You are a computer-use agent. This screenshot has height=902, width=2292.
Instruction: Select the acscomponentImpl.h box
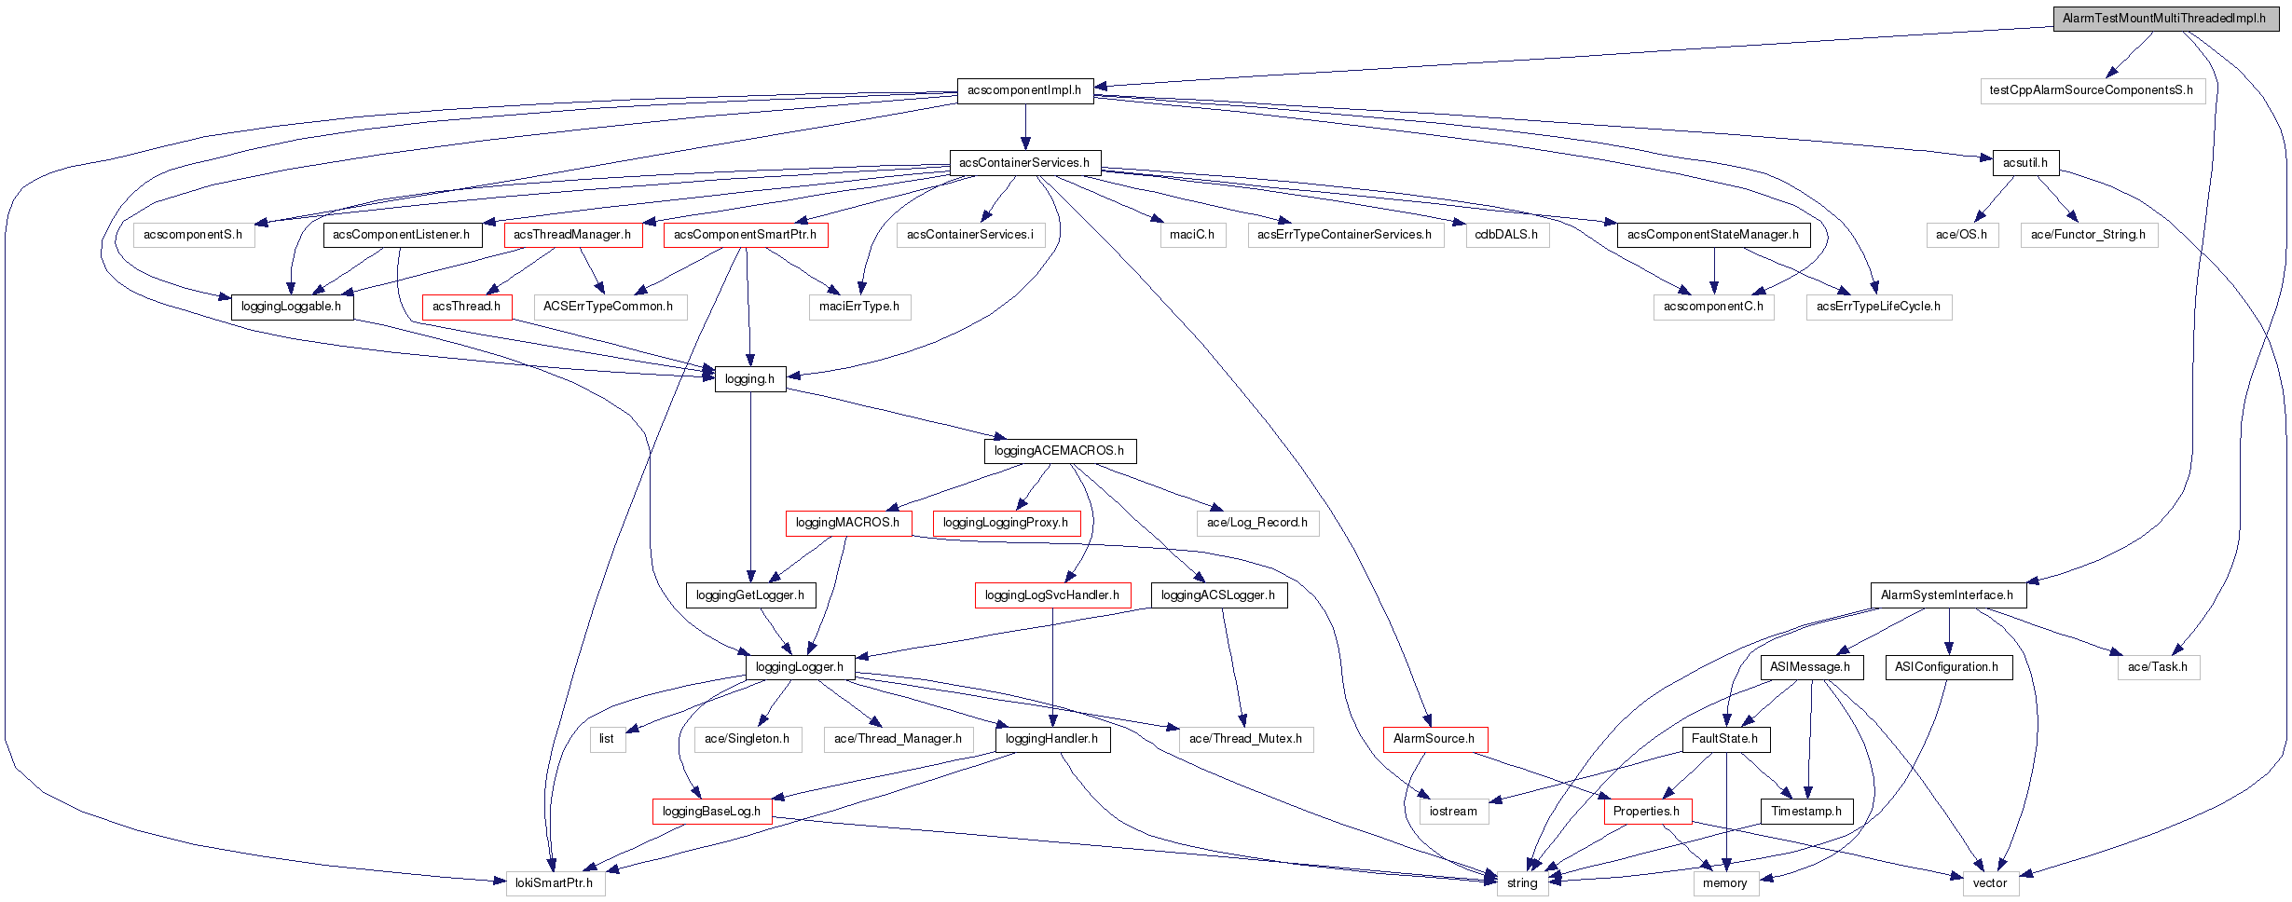click(1024, 90)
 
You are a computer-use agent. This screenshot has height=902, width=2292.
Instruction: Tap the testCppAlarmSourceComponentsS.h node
click(2091, 90)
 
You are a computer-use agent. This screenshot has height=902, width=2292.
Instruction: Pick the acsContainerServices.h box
click(1024, 162)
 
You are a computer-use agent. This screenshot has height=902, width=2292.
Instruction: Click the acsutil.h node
click(2024, 162)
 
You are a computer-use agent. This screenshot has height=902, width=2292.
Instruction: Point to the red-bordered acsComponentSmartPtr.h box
click(745, 234)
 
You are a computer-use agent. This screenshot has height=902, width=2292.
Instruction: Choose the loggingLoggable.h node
click(291, 306)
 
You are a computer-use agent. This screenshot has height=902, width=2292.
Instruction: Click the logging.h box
click(749, 378)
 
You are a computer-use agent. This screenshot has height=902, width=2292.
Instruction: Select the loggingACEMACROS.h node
click(1059, 450)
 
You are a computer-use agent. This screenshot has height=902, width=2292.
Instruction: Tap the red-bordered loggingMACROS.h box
click(847, 522)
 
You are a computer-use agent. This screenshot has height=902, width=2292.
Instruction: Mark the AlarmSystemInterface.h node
click(1946, 594)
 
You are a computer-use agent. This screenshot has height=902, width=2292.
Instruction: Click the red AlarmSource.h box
click(1434, 738)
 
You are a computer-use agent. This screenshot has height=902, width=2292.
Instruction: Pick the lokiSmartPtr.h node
click(554, 882)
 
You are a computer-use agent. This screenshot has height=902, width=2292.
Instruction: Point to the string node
click(1522, 882)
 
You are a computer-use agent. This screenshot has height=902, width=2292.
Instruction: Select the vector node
click(1989, 882)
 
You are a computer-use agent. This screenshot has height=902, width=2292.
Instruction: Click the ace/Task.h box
click(2157, 666)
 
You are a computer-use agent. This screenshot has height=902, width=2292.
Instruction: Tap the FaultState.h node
click(1724, 738)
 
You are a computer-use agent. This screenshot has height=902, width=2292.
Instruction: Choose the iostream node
click(1453, 811)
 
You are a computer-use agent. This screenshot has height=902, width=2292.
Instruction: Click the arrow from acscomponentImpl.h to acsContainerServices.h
click(1025, 126)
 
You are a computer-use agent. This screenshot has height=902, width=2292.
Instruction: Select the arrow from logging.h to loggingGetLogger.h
click(750, 485)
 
